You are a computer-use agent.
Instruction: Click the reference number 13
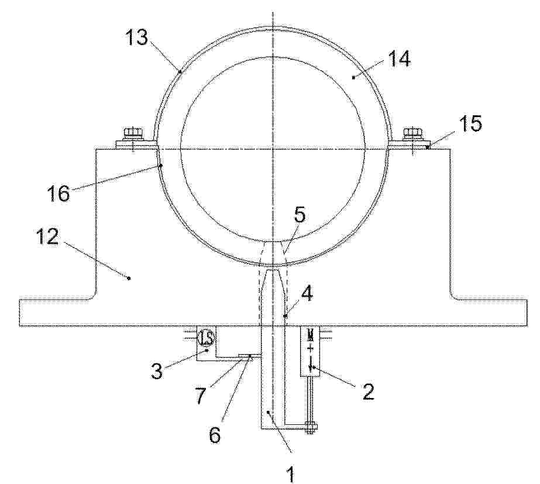[x=137, y=37]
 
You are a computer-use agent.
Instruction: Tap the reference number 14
[x=400, y=59]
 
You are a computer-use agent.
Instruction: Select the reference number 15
[x=471, y=123]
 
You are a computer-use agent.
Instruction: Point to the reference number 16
[x=59, y=193]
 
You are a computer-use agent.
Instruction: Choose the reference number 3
[x=157, y=371]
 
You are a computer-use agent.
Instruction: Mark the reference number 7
[x=201, y=395]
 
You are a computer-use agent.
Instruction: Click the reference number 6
[x=214, y=435]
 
